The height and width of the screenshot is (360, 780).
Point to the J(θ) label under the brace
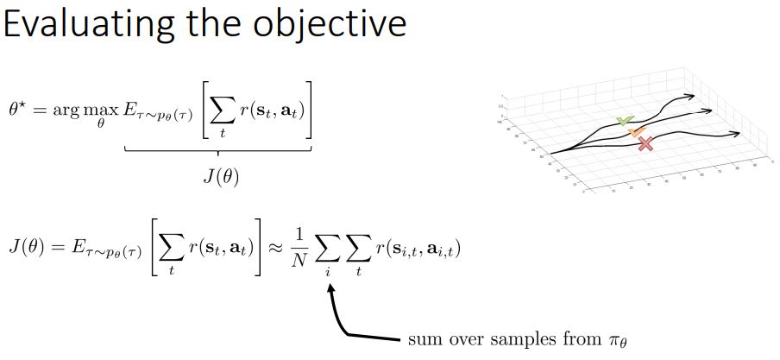coord(220,175)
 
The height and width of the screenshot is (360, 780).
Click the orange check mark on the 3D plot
coord(637,132)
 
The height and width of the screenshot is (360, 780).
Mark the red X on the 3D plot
coord(645,144)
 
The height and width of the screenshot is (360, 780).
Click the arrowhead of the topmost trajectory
coord(695,97)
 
